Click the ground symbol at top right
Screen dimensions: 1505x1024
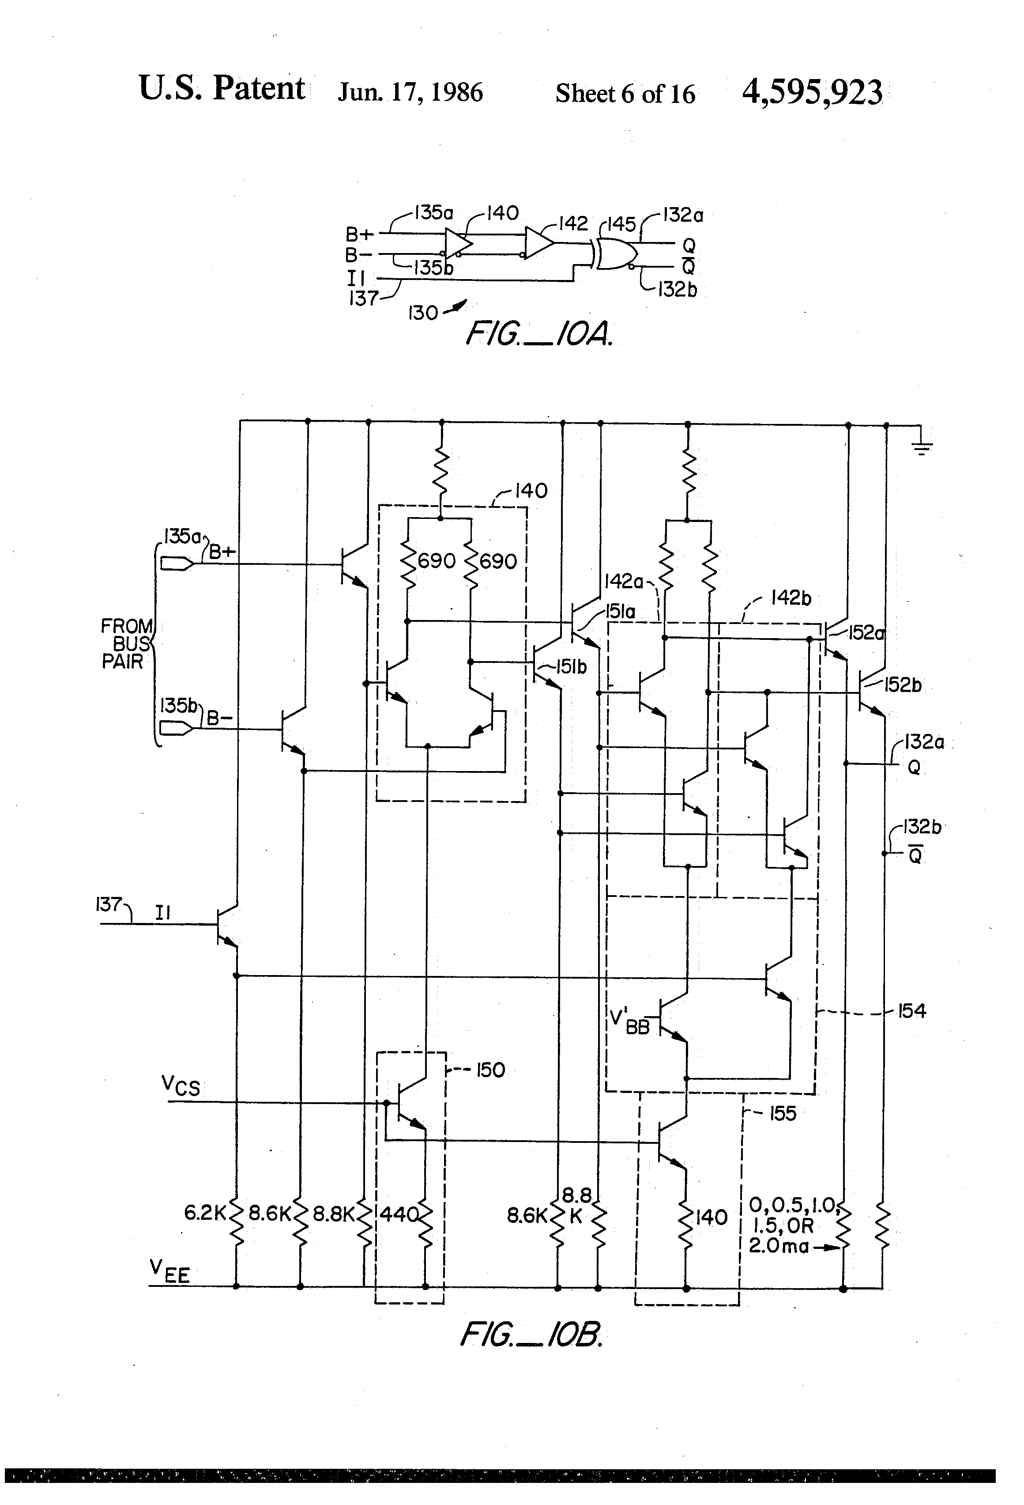[922, 447]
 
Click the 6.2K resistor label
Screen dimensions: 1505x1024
[204, 1213]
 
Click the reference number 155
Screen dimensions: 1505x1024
[783, 1113]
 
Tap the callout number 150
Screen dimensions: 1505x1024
[490, 1070]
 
